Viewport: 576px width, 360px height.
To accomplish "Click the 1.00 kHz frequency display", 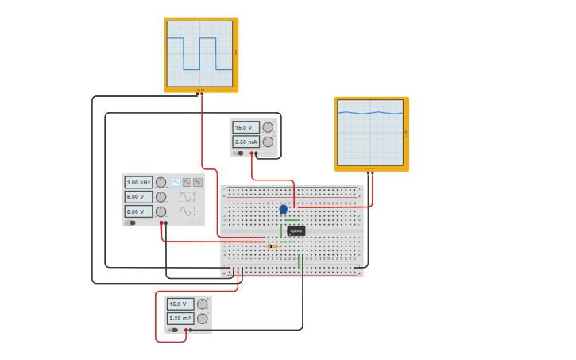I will pos(138,182).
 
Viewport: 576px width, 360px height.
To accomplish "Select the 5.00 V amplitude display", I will pos(138,196).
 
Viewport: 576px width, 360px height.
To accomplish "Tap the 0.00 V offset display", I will pos(138,211).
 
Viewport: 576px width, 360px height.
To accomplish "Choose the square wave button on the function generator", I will pos(176,182).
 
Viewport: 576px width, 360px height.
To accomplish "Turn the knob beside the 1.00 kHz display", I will pos(160,182).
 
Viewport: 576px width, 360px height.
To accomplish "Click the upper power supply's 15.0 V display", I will pos(245,127).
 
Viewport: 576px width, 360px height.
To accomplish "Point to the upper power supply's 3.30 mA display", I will pos(245,142).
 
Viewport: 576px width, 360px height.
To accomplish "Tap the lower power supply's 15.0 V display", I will pos(180,304).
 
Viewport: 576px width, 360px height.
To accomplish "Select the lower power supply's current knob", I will pos(203,319).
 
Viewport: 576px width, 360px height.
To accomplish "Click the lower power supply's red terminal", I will pos(186,330).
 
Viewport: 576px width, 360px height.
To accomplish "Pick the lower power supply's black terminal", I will pos(191,330).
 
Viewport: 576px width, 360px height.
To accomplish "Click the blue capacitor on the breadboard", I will pos(284,209).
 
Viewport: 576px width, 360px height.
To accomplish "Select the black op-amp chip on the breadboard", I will pos(296,231).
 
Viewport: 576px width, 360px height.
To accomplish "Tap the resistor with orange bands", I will pos(273,246).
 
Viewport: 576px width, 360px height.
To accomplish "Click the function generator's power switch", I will pos(132,223).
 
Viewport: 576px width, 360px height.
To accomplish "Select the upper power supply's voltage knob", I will pos(268,127).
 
